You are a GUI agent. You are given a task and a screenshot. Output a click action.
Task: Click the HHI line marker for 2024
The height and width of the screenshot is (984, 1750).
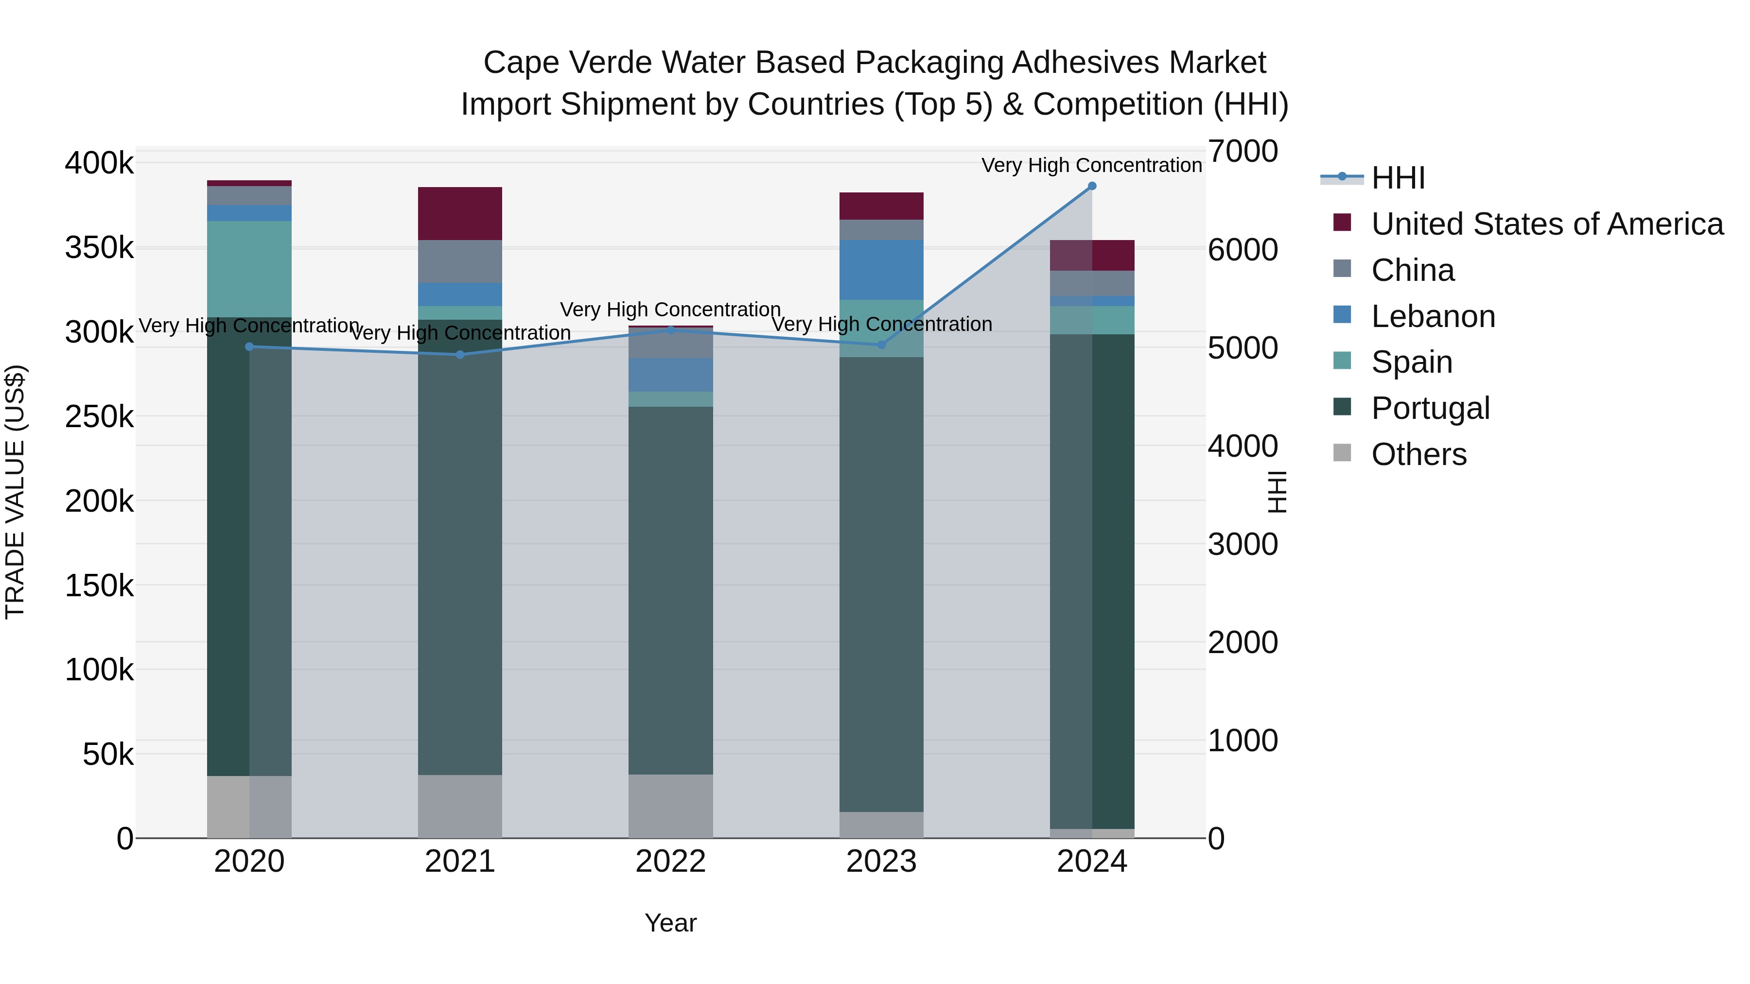click(1092, 186)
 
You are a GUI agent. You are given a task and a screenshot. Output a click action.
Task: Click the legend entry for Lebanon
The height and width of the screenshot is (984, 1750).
click(1433, 316)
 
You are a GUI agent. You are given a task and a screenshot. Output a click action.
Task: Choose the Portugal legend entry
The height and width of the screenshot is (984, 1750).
click(1430, 408)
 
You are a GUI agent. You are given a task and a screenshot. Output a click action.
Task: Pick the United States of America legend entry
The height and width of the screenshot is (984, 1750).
click(1546, 224)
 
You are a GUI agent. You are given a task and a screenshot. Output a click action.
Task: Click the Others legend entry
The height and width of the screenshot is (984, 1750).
click(1418, 454)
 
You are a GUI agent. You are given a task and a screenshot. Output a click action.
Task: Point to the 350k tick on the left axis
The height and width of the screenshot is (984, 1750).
click(99, 248)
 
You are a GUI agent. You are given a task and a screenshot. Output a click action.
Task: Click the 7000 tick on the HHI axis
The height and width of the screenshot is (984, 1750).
click(1242, 152)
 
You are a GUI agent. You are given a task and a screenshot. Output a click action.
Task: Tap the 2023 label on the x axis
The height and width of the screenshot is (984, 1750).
click(881, 862)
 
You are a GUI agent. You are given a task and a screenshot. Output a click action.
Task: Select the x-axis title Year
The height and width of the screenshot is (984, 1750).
click(670, 923)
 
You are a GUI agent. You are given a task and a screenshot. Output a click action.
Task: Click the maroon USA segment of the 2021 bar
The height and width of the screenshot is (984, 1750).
click(460, 213)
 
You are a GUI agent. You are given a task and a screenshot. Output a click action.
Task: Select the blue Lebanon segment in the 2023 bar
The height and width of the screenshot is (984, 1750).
click(881, 270)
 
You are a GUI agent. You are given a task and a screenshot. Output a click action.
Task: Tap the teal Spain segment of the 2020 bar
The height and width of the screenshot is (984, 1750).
click(249, 268)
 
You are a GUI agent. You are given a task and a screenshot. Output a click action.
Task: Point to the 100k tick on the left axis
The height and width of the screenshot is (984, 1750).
click(99, 670)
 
